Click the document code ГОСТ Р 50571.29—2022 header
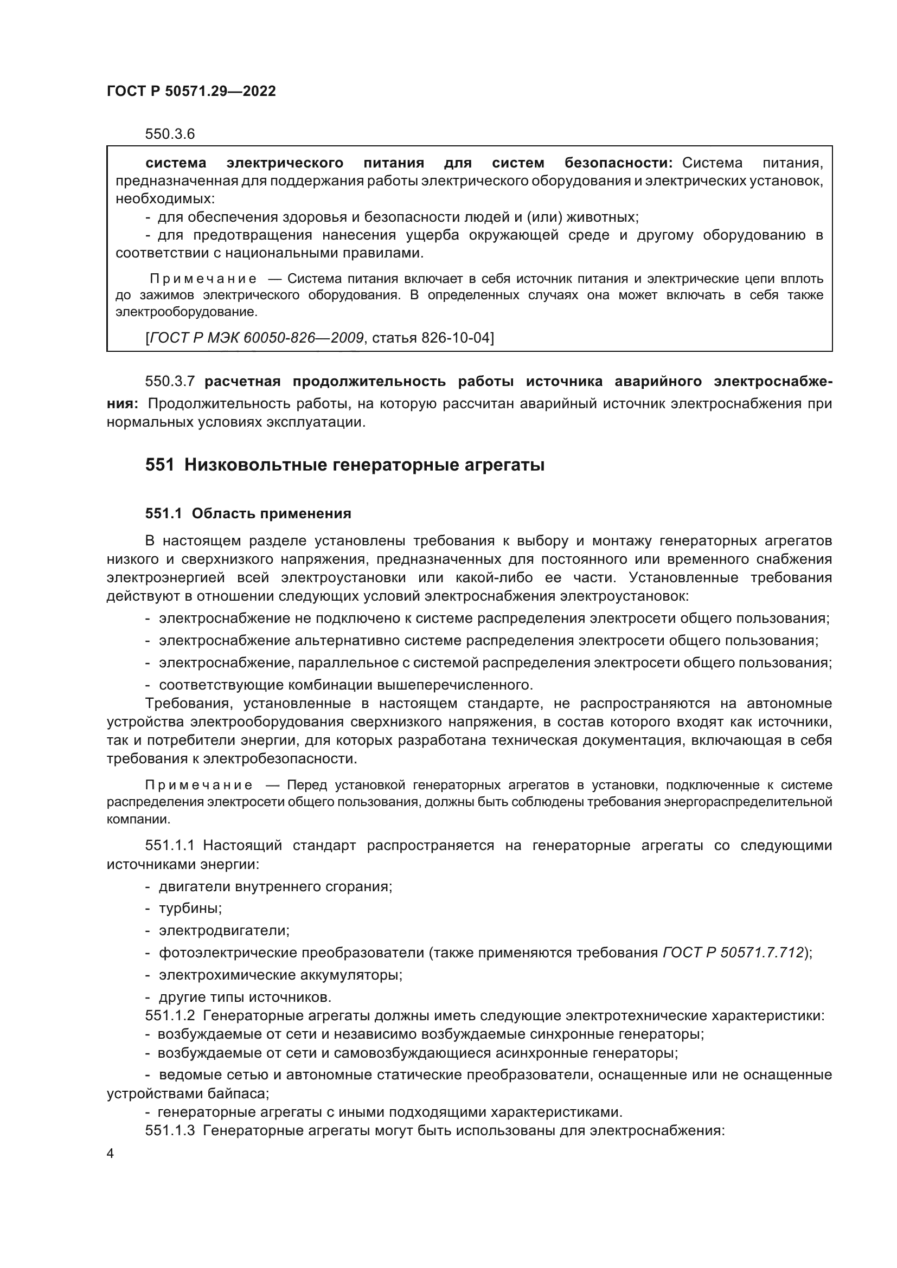tap(191, 92)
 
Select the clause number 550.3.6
tap(170, 134)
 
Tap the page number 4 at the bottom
tap(111, 1154)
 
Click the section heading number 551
tap(159, 465)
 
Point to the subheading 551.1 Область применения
tap(248, 513)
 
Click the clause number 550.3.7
tap(170, 382)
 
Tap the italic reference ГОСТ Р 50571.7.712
tap(732, 952)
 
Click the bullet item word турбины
tap(190, 909)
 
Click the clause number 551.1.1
tap(170, 846)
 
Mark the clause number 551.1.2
tap(170, 1015)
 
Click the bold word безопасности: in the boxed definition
tap(618, 163)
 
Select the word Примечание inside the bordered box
tap(203, 279)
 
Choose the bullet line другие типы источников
tap(245, 997)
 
